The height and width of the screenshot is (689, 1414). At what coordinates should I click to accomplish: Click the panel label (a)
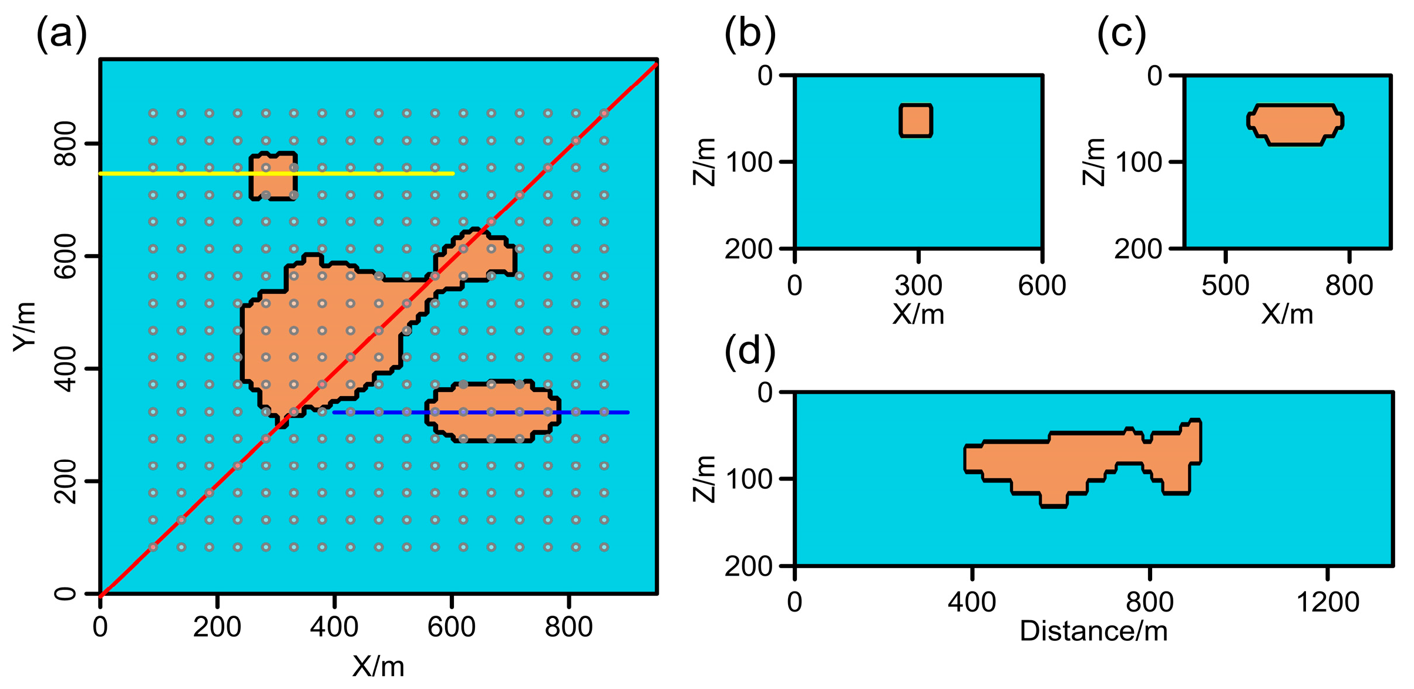[x=62, y=34]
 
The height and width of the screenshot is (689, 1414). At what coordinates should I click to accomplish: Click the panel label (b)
[x=750, y=34]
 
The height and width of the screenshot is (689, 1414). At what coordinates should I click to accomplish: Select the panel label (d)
[x=750, y=352]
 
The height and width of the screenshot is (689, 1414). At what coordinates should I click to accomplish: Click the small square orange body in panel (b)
[x=915, y=121]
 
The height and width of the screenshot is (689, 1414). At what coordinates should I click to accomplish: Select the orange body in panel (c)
[x=1295, y=124]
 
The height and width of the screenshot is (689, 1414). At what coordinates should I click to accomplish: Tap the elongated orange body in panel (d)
[x=1057, y=464]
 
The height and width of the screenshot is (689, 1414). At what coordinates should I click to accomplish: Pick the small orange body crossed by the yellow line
[x=273, y=185]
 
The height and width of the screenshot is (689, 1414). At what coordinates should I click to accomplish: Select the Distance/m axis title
[x=1093, y=631]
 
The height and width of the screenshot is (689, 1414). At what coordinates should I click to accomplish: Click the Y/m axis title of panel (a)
[x=25, y=327]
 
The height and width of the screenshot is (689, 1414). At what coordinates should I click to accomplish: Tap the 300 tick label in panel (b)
[x=918, y=286]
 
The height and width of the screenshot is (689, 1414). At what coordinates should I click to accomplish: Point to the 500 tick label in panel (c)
[x=1225, y=286]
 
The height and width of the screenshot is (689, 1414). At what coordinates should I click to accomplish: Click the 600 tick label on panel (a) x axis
[x=451, y=627]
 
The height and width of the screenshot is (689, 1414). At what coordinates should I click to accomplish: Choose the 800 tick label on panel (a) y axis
[x=65, y=144]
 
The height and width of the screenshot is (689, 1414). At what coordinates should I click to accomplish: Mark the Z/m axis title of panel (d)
[x=705, y=478]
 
